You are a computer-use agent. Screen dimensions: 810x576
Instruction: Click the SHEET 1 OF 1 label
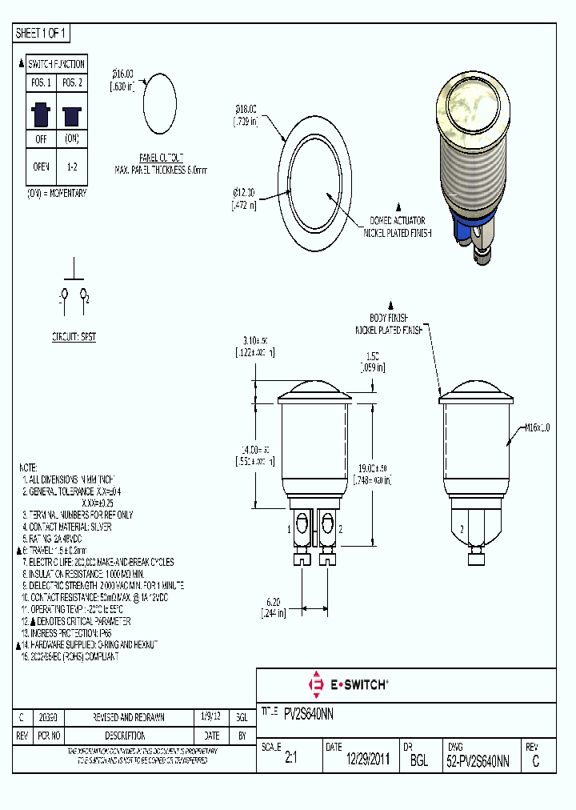click(x=42, y=33)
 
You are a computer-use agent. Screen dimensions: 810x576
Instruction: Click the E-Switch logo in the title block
click(x=348, y=684)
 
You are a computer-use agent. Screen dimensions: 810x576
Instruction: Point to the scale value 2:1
click(x=290, y=761)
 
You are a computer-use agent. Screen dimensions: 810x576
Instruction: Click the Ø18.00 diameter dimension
click(x=245, y=114)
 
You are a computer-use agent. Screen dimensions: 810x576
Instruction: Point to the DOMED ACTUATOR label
click(x=397, y=220)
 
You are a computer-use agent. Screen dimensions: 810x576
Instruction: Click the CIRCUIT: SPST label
click(x=74, y=337)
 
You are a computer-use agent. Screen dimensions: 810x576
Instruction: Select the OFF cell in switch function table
click(x=40, y=138)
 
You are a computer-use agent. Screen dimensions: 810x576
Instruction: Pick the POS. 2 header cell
click(x=71, y=83)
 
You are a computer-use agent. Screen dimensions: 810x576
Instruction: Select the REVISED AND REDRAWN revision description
click(x=130, y=718)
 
